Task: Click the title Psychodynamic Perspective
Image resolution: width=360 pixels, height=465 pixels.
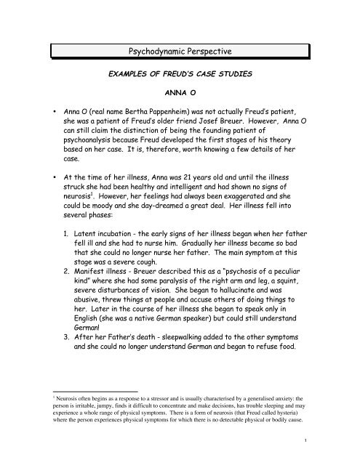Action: pyautogui.click(x=180, y=52)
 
